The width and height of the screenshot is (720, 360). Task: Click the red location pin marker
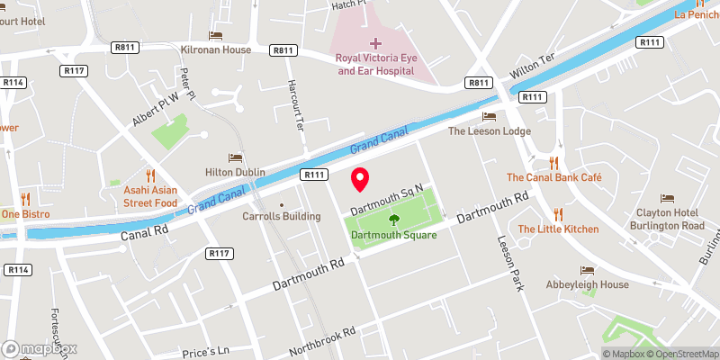[360, 178]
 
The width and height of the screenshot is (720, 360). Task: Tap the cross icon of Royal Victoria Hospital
[375, 43]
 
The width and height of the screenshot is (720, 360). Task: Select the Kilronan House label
[215, 49]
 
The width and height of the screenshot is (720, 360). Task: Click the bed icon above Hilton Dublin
[236, 157]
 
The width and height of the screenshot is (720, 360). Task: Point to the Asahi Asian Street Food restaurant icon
[151, 175]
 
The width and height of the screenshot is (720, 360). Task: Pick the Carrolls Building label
[281, 216]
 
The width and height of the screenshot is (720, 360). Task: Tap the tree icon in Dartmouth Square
[393, 220]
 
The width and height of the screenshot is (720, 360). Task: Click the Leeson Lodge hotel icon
[489, 116]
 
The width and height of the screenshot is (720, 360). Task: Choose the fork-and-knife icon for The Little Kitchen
[558, 213]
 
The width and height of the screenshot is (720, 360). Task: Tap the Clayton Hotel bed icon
[667, 198]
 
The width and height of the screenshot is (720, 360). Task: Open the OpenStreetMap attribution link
[681, 354]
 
